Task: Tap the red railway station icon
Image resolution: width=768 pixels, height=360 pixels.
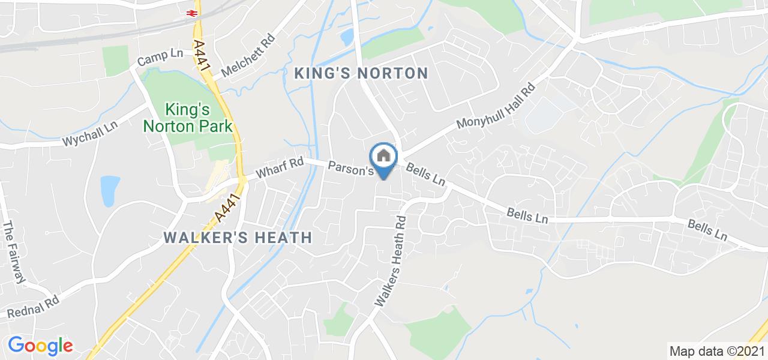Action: click(193, 12)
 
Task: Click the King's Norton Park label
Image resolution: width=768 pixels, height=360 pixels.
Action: click(187, 118)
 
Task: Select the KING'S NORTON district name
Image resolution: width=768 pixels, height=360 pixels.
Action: click(361, 73)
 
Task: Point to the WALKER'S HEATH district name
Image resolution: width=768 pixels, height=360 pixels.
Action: click(238, 238)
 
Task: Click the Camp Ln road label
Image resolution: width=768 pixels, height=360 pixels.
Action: click(160, 58)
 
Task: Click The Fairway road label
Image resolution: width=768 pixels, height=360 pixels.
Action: click(14, 252)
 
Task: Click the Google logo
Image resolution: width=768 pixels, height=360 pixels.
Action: click(40, 346)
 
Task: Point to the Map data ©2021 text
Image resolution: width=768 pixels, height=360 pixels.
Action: click(716, 351)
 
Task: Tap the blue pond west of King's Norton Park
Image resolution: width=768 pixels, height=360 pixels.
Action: click(109, 191)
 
